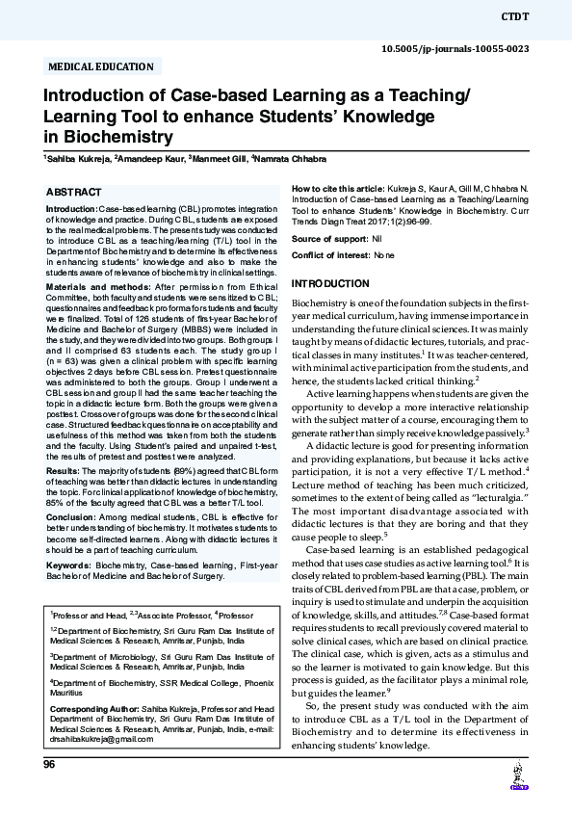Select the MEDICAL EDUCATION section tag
coord(100,66)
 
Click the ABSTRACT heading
coord(75,193)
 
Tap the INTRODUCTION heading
coord(330,284)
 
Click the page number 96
coord(50,764)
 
